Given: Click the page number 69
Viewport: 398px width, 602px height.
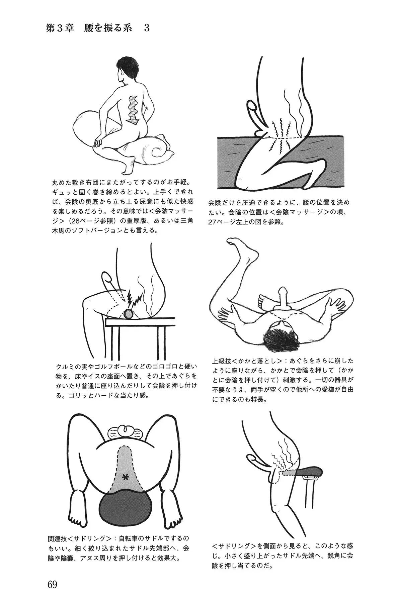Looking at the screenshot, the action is click(53, 566).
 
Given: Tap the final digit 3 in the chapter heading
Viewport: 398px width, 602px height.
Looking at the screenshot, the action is click(147, 28).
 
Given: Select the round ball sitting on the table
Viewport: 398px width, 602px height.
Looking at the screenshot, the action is click(129, 314).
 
